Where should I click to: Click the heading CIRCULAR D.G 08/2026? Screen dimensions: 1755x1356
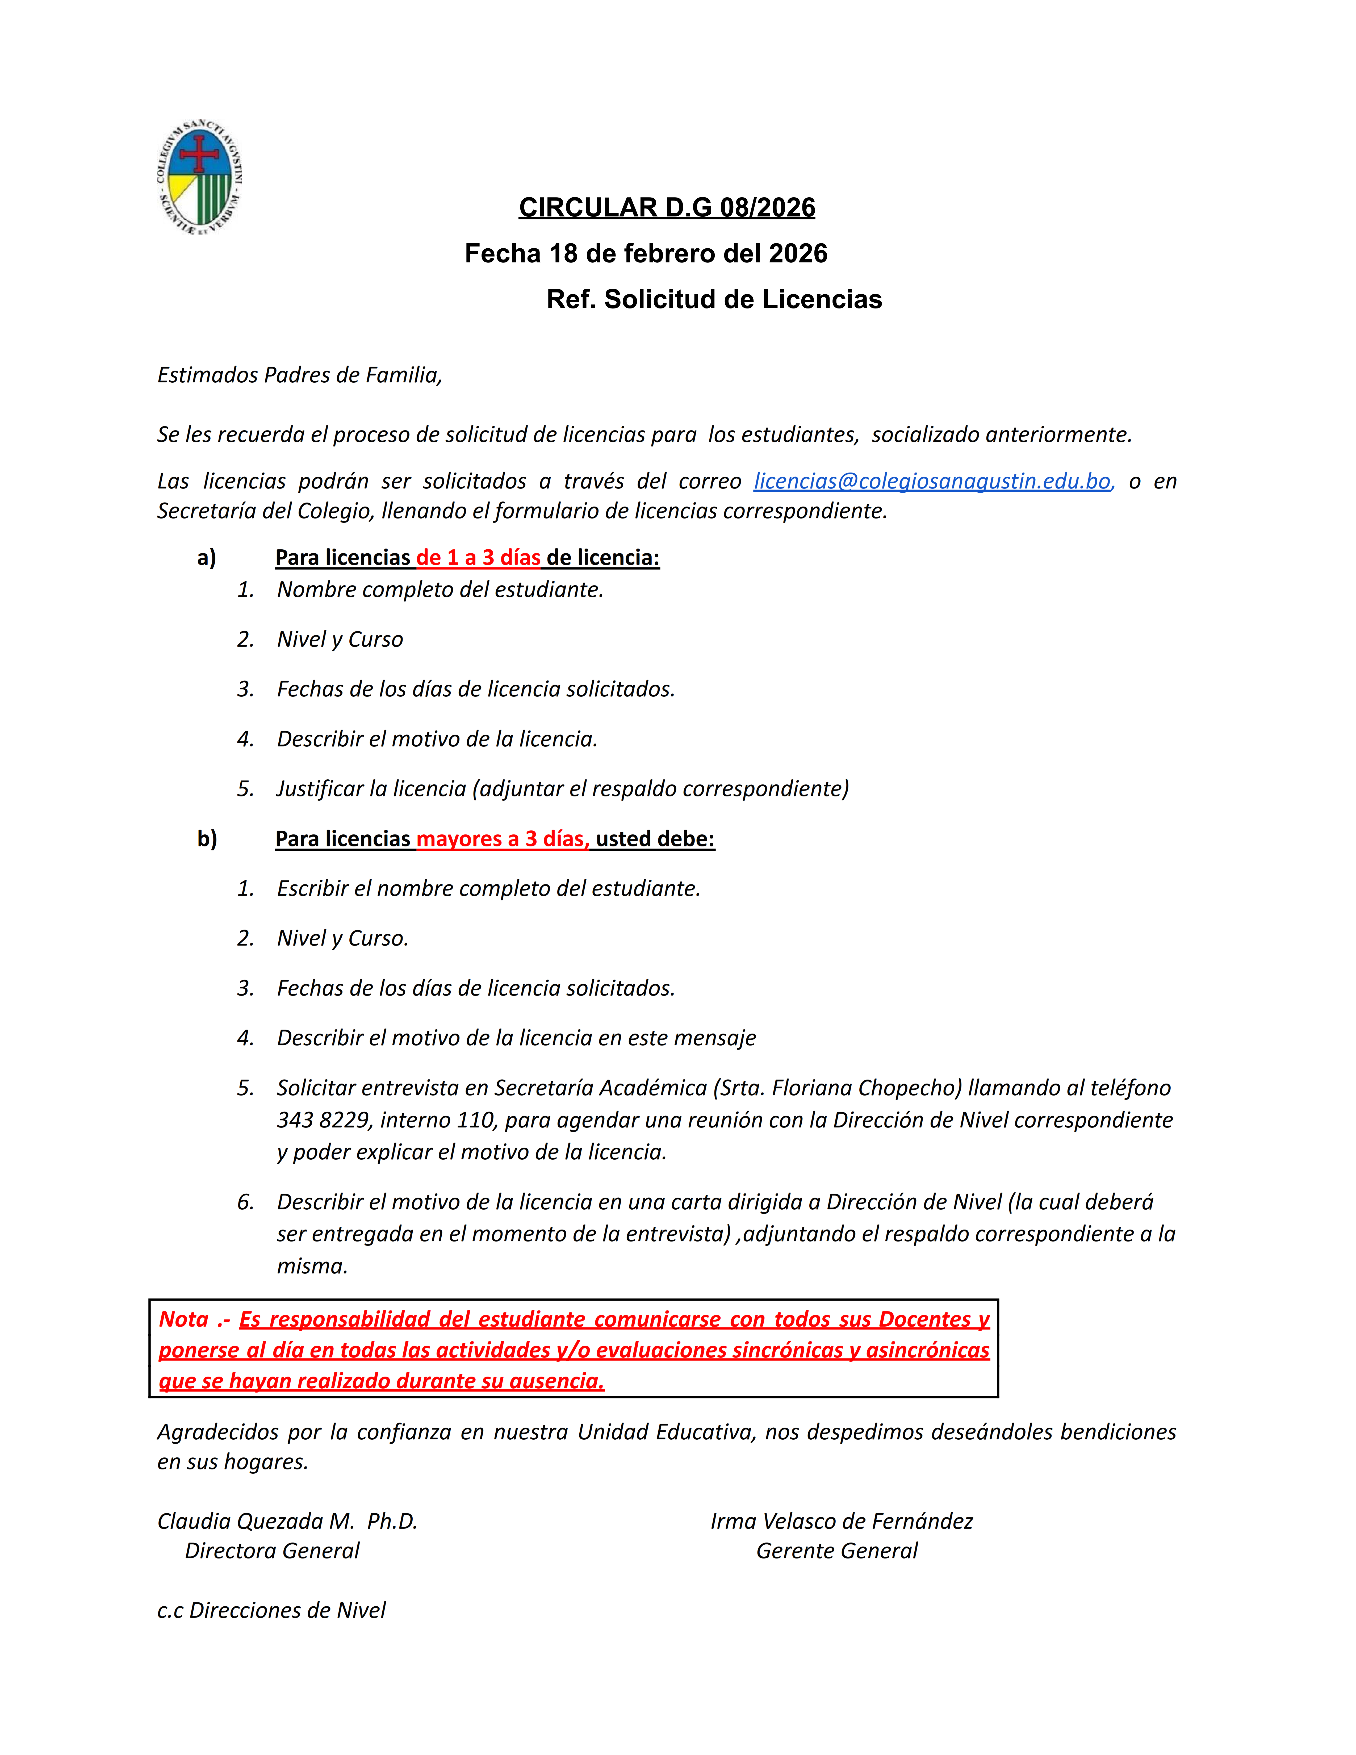(667, 207)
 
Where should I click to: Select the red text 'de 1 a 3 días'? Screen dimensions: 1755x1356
(479, 558)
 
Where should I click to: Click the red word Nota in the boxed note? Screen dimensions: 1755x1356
(184, 1319)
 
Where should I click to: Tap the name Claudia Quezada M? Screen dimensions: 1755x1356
(256, 1521)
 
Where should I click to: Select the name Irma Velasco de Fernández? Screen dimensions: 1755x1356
(841, 1521)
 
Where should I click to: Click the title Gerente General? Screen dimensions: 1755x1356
(836, 1551)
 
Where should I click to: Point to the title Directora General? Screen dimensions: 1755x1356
(272, 1551)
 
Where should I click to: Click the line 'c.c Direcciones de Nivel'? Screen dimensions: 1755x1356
(271, 1610)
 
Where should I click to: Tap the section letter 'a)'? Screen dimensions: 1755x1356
(206, 558)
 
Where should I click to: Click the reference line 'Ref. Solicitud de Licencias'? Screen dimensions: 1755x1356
(714, 299)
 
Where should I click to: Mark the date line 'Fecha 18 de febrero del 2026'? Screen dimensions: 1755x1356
(646, 253)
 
